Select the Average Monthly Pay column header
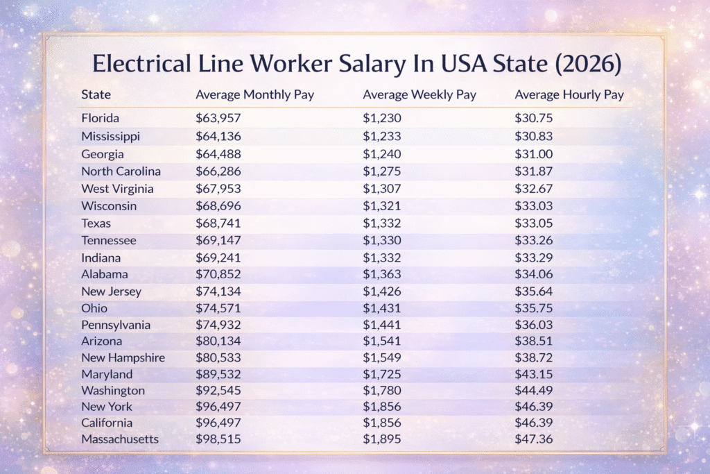tap(254, 94)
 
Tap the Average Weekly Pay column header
tap(419, 94)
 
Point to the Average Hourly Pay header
tap(569, 94)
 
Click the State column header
tap(96, 94)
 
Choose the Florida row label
tap(100, 118)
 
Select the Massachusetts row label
tap(120, 439)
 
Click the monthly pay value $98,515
tap(218, 439)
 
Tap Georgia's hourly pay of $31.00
tap(533, 154)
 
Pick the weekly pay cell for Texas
tap(382, 223)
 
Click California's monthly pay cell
tap(218, 423)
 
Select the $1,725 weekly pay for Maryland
tap(382, 374)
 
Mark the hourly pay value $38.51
tap(533, 341)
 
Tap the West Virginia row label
tap(117, 189)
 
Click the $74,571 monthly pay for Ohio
tap(218, 307)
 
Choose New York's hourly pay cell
tap(533, 406)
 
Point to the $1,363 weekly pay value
tap(382, 274)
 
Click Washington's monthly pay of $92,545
tap(218, 391)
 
